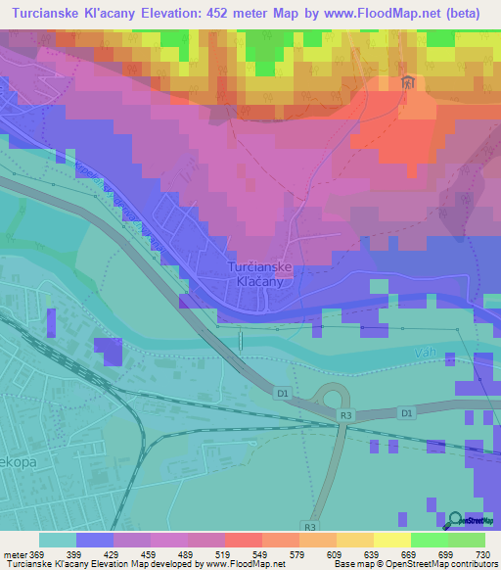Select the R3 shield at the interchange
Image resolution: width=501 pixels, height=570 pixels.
(345, 416)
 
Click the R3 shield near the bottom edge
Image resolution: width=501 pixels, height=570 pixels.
(310, 526)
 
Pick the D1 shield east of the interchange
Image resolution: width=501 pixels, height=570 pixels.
(405, 413)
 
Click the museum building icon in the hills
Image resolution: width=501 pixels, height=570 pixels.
(409, 83)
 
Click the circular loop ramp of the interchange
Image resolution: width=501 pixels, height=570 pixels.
(334, 396)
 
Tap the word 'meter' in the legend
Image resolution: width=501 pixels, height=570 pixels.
(15, 553)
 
